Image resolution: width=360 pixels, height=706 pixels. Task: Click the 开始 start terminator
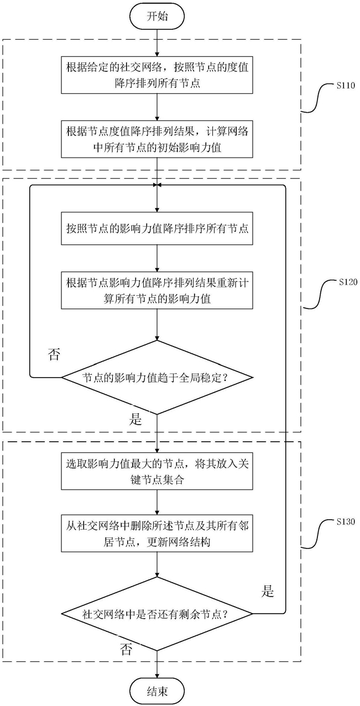(157, 16)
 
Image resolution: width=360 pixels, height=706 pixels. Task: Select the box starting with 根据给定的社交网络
(157, 75)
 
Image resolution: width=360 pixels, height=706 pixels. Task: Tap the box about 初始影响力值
(157, 139)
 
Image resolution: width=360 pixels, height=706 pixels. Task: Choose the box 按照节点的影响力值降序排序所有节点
(157, 228)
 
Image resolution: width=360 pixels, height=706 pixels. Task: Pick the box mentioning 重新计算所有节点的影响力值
(157, 290)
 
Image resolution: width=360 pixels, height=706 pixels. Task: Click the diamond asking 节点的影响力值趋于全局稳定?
(157, 377)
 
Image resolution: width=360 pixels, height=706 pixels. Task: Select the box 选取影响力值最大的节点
(157, 471)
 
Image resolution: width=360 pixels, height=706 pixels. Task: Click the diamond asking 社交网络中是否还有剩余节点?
(157, 614)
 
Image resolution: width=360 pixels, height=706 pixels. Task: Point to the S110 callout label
(346, 85)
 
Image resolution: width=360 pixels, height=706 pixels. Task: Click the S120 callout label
(348, 281)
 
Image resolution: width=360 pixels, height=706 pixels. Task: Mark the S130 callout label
(346, 521)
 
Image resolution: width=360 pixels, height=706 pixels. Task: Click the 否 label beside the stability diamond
(54, 354)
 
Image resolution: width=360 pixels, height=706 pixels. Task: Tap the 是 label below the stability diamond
(135, 420)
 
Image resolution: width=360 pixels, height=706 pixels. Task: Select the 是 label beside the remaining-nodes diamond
(267, 591)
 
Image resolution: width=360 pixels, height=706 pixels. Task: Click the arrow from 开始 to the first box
(157, 41)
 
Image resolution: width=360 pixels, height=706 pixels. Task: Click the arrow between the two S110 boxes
(157, 107)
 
